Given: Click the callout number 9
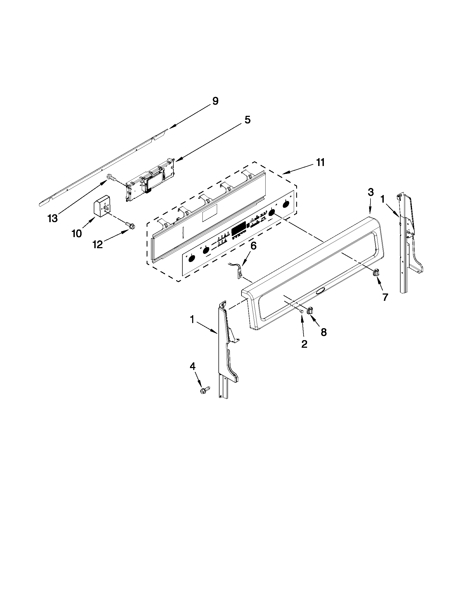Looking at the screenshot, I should click(215, 101).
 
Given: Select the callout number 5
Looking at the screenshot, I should click(247, 120).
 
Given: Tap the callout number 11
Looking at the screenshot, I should click(320, 162).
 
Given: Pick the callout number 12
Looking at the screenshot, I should click(98, 244).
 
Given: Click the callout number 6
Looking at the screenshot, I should click(253, 246).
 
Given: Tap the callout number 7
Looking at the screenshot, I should click(385, 297).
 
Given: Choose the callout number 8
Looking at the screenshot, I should click(323, 332).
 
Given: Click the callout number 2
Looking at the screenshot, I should click(304, 344).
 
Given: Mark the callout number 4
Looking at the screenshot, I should click(192, 366).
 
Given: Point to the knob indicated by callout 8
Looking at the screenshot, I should click(310, 311).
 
